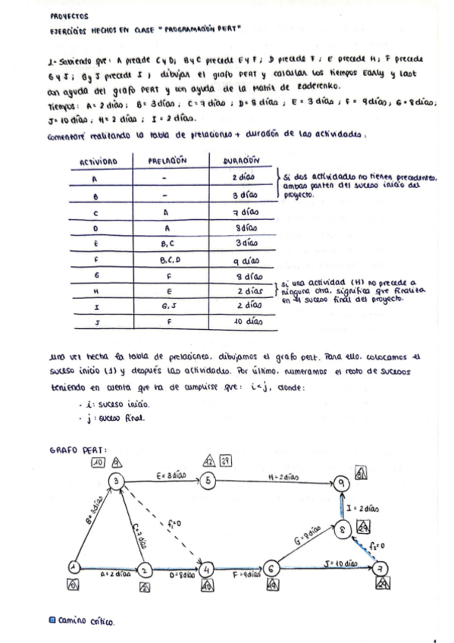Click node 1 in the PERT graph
coord(75,566)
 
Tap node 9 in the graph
coord(343,482)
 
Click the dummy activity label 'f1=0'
coord(174,522)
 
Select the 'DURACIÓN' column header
coord(243,162)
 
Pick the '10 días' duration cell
coord(243,321)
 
